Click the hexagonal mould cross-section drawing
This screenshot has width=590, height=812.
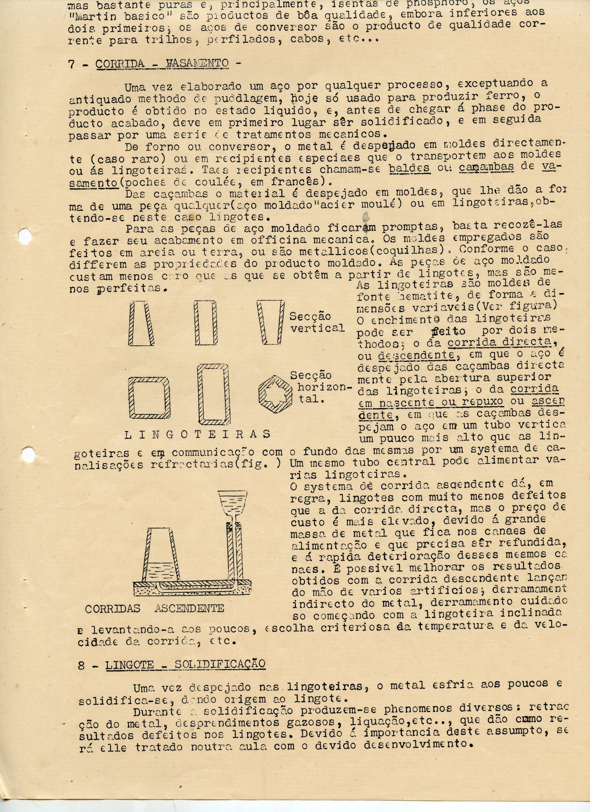point(275,393)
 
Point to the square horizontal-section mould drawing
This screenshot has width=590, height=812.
point(150,397)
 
